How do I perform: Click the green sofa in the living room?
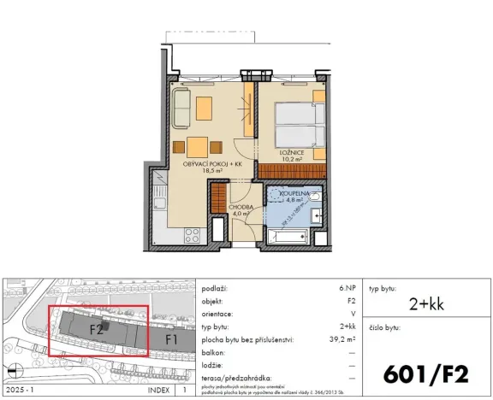coord(181,109)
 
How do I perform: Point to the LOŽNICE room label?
coord(294,152)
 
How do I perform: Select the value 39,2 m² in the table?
coord(345,338)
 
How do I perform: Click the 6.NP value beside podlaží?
coord(348,290)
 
